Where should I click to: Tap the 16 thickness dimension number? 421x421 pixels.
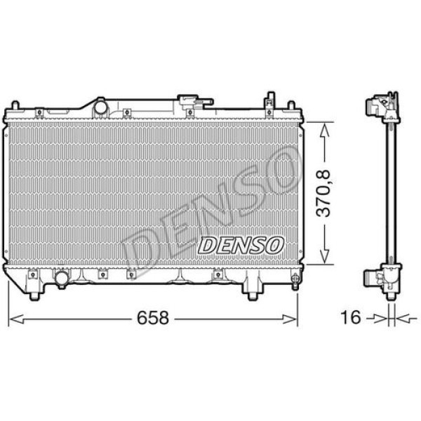pos(352,318)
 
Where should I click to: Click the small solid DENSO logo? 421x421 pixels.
pos(241,244)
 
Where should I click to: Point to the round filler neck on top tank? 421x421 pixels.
pos(100,107)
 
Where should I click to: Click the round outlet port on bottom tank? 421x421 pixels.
pos(62,279)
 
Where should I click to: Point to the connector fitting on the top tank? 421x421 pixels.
pos(188,103)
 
